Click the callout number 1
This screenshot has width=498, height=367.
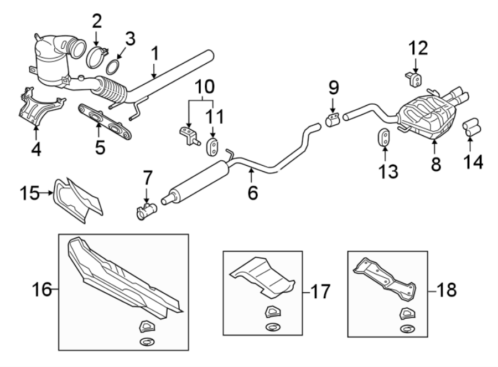pos(155,54)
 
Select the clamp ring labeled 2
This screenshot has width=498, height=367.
pos(97,57)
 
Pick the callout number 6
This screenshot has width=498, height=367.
pos(252,192)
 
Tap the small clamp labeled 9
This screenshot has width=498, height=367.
pos(332,120)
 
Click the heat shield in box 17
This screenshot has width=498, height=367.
pos(262,276)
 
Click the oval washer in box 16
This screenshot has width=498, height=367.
pos(148,340)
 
